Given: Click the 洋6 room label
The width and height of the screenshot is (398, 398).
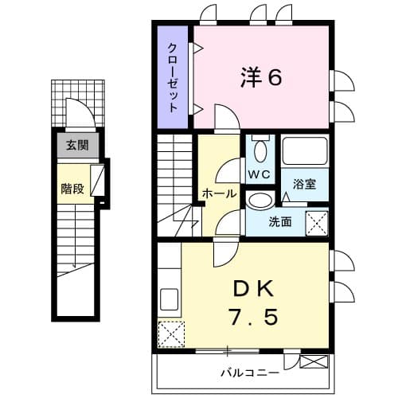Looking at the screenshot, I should (261, 78).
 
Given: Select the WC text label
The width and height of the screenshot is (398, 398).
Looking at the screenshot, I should (259, 174).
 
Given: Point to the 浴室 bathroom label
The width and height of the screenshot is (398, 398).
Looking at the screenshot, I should (304, 184).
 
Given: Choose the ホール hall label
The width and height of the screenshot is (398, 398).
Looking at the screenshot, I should (219, 193).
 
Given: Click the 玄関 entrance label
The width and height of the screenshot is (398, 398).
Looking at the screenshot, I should (77, 145).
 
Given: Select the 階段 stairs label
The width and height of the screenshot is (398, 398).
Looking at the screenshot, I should (72, 189).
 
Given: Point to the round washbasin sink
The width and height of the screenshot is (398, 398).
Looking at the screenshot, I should (259, 200).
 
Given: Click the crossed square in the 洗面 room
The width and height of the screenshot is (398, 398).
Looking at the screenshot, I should (318, 222).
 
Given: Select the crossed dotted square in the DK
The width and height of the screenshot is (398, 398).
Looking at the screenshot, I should (171, 332).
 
